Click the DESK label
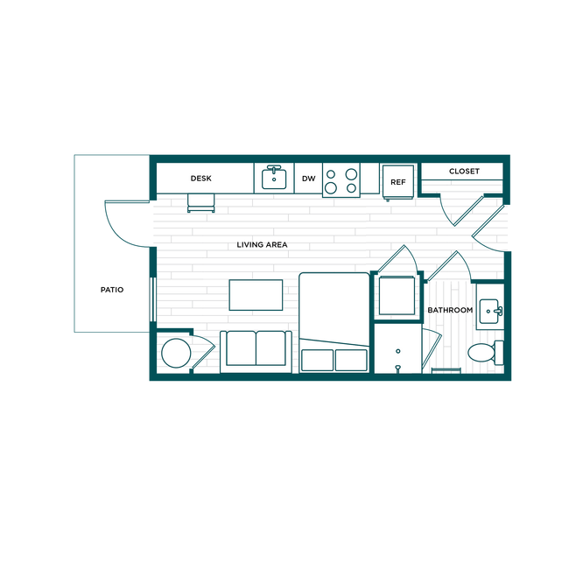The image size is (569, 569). click(x=200, y=179)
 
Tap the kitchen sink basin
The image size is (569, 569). click(x=274, y=179)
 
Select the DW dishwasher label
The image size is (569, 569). click(x=308, y=179)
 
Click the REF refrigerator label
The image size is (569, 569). click(x=397, y=182)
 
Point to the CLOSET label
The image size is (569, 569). click(x=464, y=172)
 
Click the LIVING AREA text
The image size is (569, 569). click(x=262, y=245)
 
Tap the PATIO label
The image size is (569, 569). click(x=112, y=290)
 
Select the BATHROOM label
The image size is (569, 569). click(x=450, y=310)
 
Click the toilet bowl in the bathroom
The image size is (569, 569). click(x=481, y=353)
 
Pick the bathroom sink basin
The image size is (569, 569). click(x=488, y=311)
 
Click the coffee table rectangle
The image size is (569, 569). click(x=256, y=295)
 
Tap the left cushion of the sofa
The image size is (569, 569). click(x=241, y=348)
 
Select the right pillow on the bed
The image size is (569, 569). click(x=351, y=360)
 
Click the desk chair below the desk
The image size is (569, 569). click(x=201, y=203)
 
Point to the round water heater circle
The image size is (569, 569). click(x=176, y=353)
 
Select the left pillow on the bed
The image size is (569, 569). click(x=317, y=360)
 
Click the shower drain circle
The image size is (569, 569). click(x=398, y=351)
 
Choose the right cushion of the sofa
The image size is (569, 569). click(x=270, y=348)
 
